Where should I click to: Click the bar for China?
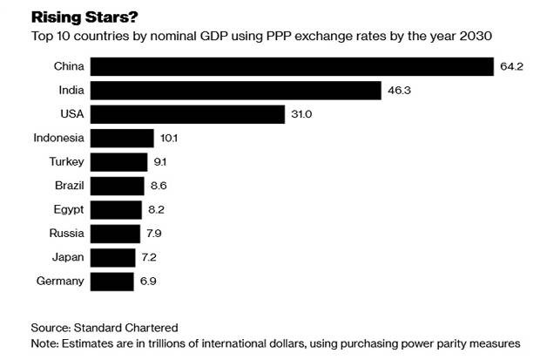[293, 66]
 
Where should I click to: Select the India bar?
[236, 90]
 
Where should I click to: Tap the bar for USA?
[188, 114]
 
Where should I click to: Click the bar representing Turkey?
[119, 162]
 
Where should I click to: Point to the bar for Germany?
[112, 282]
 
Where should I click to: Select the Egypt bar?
[117, 210]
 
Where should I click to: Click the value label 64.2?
[511, 66]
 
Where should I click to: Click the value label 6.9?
[148, 282]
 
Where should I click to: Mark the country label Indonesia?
[58, 138]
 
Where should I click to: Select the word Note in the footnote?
[45, 343]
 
